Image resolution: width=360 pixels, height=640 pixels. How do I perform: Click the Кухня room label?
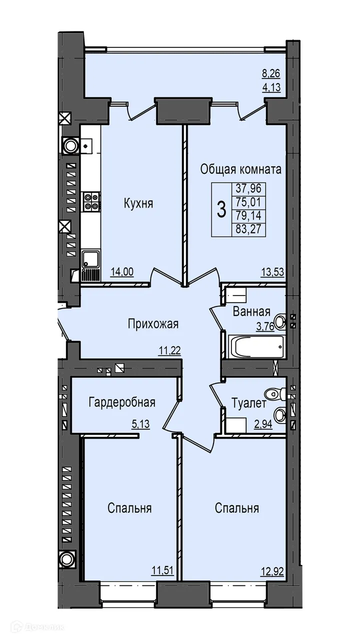pyautogui.click(x=138, y=203)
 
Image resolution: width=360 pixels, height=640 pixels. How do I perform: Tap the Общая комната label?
pyautogui.click(x=240, y=169)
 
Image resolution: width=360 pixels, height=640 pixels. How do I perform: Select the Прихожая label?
pyautogui.click(x=153, y=324)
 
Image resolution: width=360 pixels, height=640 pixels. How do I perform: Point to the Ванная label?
pyautogui.click(x=251, y=312)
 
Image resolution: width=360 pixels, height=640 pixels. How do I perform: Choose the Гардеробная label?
pyautogui.click(x=122, y=402)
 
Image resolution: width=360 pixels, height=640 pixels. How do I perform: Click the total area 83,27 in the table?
pyautogui.click(x=249, y=229)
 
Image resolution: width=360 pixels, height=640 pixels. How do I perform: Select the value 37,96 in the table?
pyautogui.click(x=249, y=189)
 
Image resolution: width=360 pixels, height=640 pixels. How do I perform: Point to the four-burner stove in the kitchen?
pyautogui.click(x=90, y=200)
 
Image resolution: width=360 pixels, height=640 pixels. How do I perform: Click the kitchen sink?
pyautogui.click(x=90, y=259)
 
